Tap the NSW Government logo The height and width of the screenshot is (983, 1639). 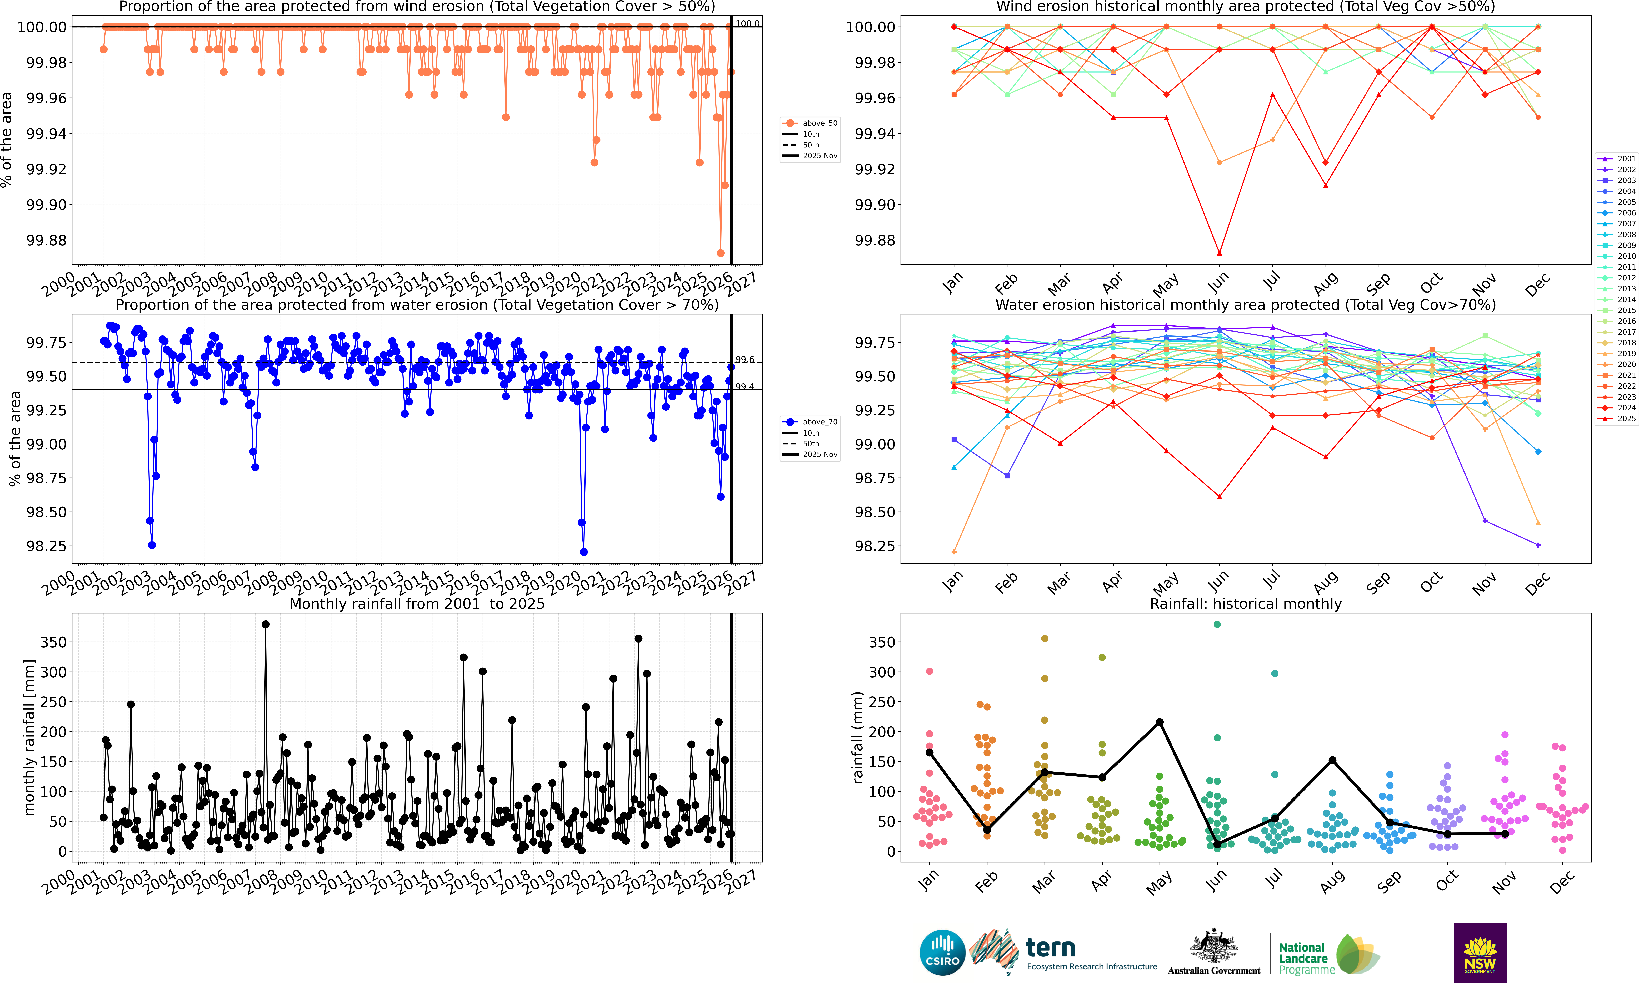[x=1480, y=952]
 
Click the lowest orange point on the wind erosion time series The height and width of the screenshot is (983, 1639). [x=720, y=253]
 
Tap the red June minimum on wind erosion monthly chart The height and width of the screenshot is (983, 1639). [x=1220, y=253]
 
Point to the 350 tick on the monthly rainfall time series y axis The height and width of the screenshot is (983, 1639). [x=53, y=642]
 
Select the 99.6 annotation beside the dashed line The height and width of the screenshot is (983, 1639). [x=745, y=360]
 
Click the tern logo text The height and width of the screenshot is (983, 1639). [x=1051, y=948]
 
